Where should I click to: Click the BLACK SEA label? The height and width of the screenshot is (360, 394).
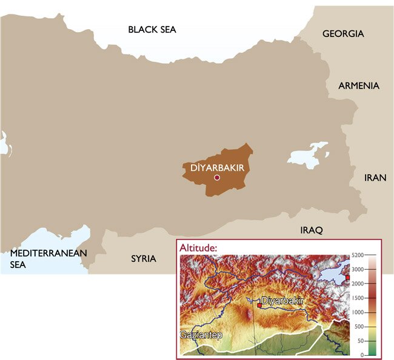click(152, 29)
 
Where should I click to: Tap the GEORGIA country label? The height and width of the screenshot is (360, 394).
click(343, 34)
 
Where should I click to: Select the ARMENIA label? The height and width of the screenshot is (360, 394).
click(358, 85)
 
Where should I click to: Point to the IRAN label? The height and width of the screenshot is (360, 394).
click(375, 178)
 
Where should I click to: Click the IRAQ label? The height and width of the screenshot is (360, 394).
click(312, 230)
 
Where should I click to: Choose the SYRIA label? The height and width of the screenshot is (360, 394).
click(144, 259)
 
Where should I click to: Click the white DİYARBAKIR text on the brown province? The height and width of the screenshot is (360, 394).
click(216, 167)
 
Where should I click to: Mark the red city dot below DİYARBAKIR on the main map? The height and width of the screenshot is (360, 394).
click(216, 178)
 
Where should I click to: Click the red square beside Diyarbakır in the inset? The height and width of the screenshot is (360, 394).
click(259, 305)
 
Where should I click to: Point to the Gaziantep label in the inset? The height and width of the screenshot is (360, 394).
click(200, 335)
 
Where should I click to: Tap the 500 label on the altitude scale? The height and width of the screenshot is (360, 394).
click(360, 327)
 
